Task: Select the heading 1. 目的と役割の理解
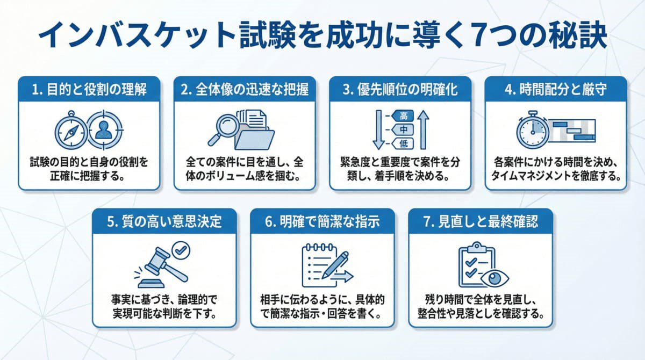point(89,90)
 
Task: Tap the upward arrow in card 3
point(422,129)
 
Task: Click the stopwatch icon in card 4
point(532,130)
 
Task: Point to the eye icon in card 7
point(496,278)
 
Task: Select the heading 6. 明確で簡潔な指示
point(322,221)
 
